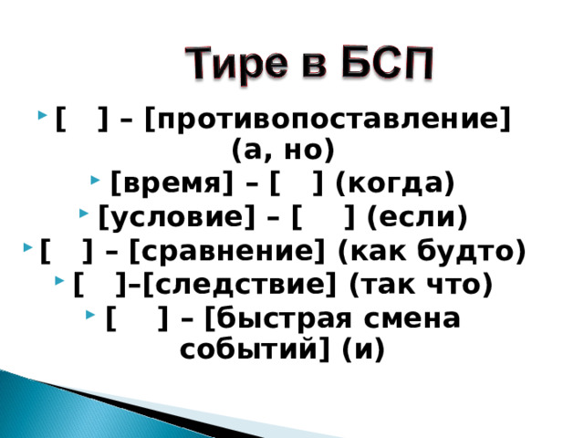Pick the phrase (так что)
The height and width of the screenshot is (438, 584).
421,286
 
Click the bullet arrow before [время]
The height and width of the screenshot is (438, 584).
99,183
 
